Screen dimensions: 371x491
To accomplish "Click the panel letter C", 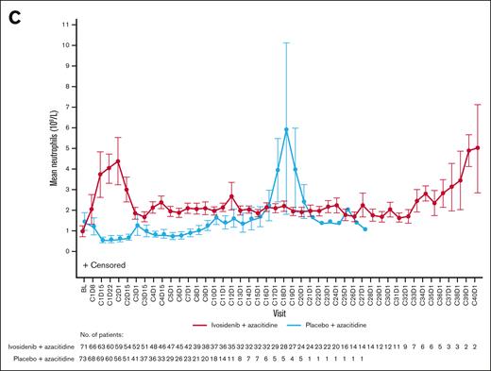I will pos(11,12).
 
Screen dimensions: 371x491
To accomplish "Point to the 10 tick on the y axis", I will pos(68,44).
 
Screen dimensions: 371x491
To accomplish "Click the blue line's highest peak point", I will pos(286,129).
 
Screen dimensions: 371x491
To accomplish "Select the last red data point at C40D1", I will pos(479,147).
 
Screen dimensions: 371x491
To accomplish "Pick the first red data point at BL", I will pos(83,231).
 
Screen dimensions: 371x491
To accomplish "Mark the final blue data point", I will pos(365,229).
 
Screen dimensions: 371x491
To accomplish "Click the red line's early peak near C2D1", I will pos(118,161).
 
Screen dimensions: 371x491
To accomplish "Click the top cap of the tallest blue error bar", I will pos(286,43).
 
